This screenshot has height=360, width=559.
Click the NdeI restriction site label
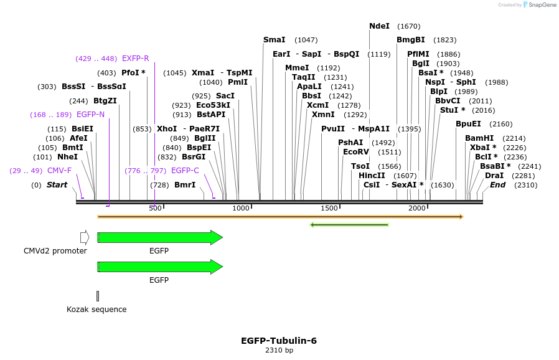point(379,26)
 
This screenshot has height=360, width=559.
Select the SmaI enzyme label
point(274,40)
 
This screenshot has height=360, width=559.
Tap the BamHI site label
point(479,138)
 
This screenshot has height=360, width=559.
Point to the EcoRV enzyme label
point(356,152)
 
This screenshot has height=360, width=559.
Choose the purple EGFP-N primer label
point(90,115)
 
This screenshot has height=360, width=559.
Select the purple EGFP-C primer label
point(185,171)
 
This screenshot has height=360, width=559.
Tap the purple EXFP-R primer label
point(135,59)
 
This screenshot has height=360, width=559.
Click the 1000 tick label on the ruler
point(240,208)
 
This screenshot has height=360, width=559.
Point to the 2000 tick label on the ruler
point(417,208)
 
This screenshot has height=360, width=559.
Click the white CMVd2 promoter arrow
point(85,237)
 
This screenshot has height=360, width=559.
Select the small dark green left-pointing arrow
point(349,225)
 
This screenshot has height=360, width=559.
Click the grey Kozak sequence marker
point(98,296)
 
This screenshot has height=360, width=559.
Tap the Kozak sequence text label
point(96,310)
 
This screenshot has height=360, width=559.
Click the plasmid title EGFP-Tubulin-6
point(279,341)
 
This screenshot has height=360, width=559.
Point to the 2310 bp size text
point(279,351)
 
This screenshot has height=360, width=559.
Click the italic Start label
point(57,185)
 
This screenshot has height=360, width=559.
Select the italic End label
point(497,185)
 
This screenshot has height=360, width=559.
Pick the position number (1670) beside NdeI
point(408,26)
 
